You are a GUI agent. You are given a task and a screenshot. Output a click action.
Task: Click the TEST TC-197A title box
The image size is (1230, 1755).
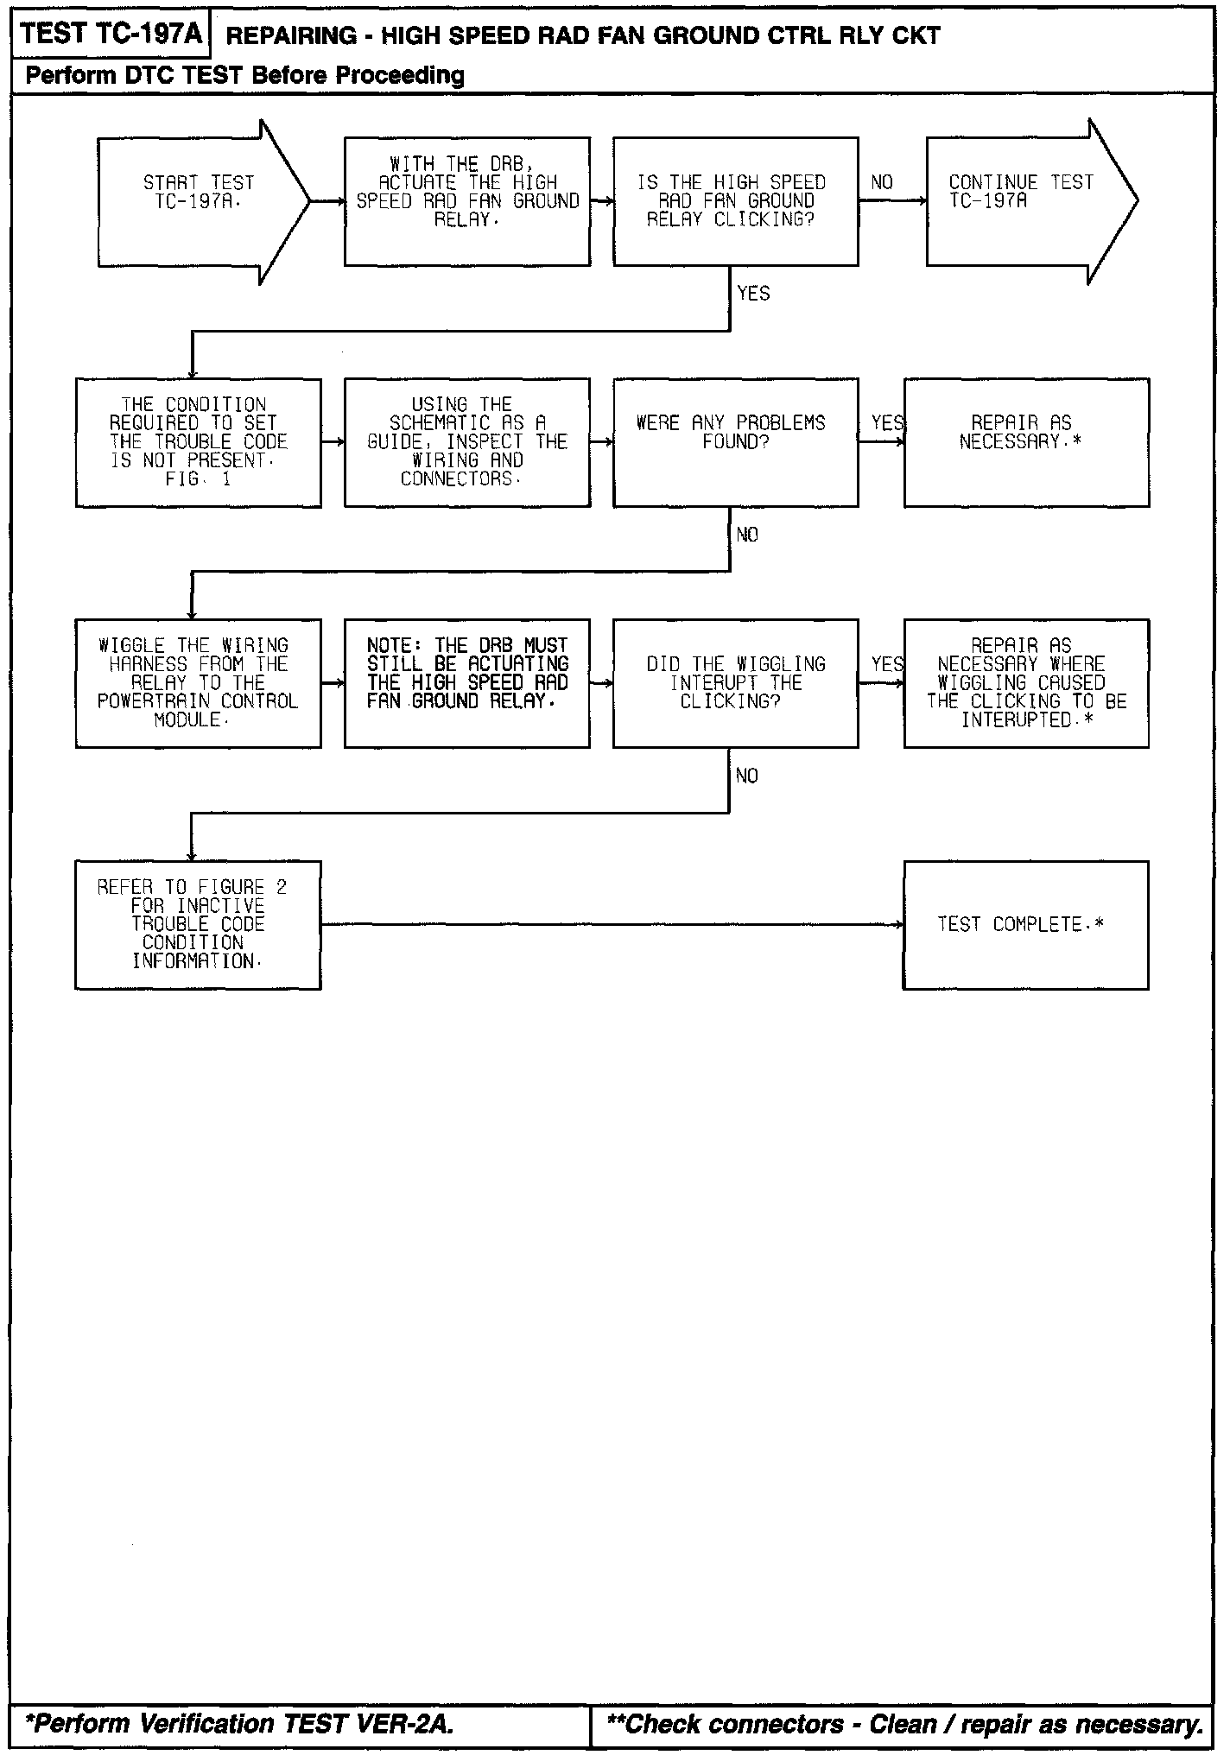[x=111, y=34]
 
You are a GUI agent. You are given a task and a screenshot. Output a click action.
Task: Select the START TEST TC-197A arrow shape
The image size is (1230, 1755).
[x=200, y=201]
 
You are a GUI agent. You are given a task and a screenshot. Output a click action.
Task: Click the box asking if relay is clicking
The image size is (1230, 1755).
[x=735, y=201]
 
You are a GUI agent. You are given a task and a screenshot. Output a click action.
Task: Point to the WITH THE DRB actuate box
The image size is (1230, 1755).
[x=467, y=201]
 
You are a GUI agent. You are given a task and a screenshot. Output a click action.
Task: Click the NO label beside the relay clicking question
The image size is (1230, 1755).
[x=882, y=183]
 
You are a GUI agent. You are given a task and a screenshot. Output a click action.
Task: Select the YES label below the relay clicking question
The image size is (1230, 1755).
[x=753, y=294]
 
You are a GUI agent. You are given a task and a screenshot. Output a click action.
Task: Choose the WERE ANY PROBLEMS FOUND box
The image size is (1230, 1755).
[x=735, y=442]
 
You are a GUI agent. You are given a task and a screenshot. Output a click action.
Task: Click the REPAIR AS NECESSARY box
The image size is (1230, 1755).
[x=1026, y=442]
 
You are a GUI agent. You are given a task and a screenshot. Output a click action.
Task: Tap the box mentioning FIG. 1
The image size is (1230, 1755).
[x=199, y=442]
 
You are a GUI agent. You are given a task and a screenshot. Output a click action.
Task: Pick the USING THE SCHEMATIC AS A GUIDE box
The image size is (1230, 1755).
[x=467, y=442]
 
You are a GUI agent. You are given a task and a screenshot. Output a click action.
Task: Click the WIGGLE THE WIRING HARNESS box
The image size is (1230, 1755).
[x=199, y=683]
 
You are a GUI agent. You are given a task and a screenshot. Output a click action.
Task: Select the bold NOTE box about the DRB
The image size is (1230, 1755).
[x=467, y=683]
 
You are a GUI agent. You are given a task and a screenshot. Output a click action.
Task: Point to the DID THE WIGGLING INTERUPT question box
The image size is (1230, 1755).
[x=735, y=683]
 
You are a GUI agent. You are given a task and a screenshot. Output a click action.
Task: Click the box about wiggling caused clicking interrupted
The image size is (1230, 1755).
[x=1026, y=683]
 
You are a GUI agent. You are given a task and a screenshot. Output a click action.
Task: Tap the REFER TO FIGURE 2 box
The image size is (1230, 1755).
[x=199, y=924]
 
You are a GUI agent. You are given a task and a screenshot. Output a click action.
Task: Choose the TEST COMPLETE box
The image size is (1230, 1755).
[x=1026, y=924]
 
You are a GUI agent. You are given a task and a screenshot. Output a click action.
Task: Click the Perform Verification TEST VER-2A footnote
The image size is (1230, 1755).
[x=239, y=1724]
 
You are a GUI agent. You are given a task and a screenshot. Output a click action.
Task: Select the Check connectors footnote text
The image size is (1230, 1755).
[x=904, y=1724]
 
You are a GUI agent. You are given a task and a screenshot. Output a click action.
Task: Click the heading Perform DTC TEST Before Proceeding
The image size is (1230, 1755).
[x=244, y=76]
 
